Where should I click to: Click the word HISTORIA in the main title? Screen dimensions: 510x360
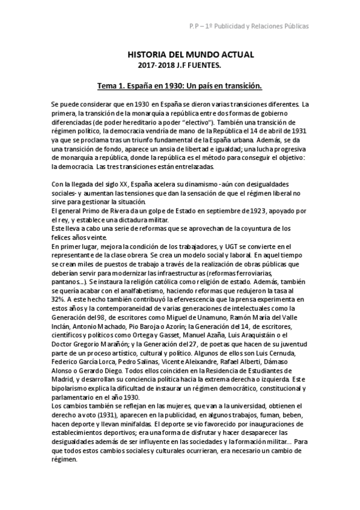tap(148, 55)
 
